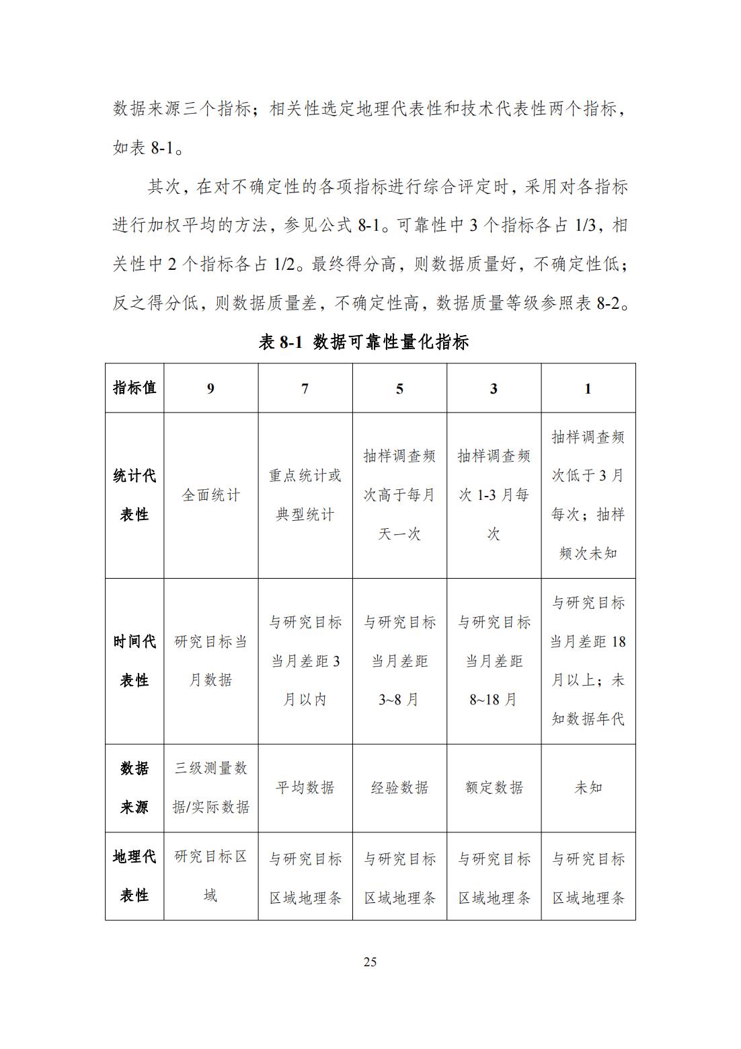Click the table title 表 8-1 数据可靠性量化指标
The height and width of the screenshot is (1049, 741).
pos(364,342)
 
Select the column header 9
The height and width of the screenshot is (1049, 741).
pos(210,389)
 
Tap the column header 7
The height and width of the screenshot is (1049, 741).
pos(305,389)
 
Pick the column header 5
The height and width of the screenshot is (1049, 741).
pos(399,389)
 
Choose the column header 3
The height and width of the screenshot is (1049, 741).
pos(494,389)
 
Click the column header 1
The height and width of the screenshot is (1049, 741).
pos(588,389)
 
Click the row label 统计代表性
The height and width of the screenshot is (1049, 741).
pos(134,495)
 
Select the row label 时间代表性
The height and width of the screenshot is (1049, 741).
pos(134,661)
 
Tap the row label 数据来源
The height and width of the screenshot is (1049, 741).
pos(134,787)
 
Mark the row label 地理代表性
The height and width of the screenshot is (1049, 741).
pos(134,875)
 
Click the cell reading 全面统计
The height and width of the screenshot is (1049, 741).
pos(210,495)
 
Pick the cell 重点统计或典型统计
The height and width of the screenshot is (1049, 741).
pos(305,495)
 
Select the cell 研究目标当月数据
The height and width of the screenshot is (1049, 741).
pos(210,661)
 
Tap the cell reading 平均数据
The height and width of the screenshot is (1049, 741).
pos(305,787)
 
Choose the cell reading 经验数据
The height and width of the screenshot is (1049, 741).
pos(399,787)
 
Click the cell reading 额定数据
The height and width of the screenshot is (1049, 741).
pos(494,787)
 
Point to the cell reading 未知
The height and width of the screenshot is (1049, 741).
pos(588,787)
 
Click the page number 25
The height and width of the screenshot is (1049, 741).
pos(370,962)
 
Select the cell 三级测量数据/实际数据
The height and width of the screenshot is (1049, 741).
pos(210,787)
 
